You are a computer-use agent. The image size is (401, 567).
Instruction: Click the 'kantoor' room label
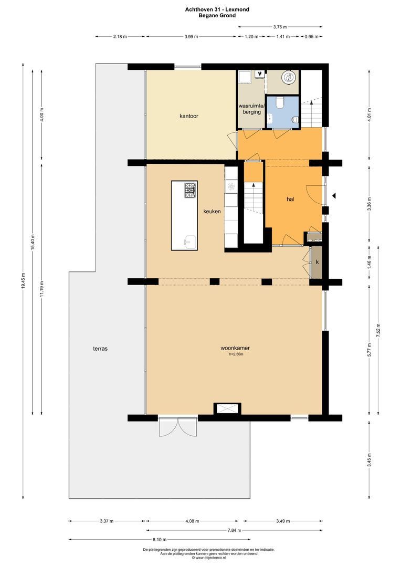coord(188,116)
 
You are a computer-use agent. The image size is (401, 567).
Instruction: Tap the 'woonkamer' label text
coord(235,348)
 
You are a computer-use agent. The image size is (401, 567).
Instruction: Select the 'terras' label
coord(100,348)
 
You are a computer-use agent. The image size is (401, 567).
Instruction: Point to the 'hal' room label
coord(290,199)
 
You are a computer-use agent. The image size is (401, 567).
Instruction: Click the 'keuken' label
coord(212,211)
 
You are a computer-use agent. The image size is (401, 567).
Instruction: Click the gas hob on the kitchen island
coord(191,190)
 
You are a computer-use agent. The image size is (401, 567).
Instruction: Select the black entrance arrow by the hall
coord(334,196)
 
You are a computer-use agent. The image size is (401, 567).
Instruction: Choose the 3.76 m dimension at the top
coord(280,26)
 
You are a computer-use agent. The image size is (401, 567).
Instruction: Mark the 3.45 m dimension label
coord(370,460)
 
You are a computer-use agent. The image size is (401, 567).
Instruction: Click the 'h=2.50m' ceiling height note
coord(236,354)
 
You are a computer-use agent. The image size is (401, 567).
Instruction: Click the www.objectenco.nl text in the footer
coord(209,558)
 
